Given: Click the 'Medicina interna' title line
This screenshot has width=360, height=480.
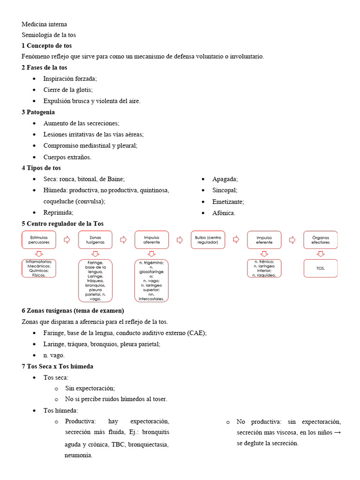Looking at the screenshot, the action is (x=44, y=24).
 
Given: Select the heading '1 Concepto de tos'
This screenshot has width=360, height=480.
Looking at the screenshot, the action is (x=47, y=45).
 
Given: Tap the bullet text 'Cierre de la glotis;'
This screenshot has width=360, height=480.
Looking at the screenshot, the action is (x=68, y=90).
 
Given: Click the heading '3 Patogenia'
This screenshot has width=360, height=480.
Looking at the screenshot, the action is (x=38, y=112).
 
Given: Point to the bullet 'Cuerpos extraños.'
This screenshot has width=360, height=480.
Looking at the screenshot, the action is (x=67, y=157).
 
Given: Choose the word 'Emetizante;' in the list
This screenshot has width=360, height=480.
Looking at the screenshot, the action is (x=228, y=202).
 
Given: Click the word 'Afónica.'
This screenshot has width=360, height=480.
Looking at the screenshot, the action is (x=224, y=213).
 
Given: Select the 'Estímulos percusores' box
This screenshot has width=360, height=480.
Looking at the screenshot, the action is (x=39, y=240).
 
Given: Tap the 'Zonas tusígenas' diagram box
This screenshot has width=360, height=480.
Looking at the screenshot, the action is (x=95, y=240).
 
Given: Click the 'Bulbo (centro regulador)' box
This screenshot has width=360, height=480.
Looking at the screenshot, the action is (x=208, y=240).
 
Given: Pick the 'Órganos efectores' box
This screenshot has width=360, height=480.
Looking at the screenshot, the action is (x=321, y=240).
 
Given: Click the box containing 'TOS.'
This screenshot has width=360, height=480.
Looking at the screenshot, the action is (x=321, y=268).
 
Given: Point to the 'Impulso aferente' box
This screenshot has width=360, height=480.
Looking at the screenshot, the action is (x=151, y=240).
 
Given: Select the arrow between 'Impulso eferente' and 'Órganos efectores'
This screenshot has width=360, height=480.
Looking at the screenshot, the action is (x=292, y=240).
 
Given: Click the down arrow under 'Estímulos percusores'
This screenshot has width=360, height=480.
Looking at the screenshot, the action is (x=39, y=254).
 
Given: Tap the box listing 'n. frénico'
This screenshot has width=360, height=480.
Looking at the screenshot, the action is (x=264, y=268).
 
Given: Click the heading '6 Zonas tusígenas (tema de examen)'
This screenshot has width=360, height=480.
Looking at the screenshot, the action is (x=73, y=310).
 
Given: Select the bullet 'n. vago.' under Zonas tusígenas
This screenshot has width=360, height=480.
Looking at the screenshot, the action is (x=54, y=355).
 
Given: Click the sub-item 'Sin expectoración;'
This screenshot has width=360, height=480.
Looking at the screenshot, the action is (x=90, y=388).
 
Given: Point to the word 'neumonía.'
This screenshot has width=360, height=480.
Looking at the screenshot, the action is (x=78, y=455).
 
